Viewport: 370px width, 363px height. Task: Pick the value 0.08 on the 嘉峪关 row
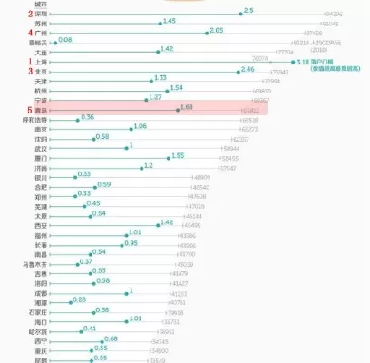[65, 40]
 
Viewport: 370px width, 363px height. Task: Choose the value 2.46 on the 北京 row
[248, 69]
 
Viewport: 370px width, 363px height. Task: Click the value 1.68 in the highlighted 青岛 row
[187, 107]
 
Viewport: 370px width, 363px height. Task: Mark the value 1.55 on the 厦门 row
[176, 155]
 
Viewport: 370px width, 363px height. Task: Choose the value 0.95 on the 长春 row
[131, 243]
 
